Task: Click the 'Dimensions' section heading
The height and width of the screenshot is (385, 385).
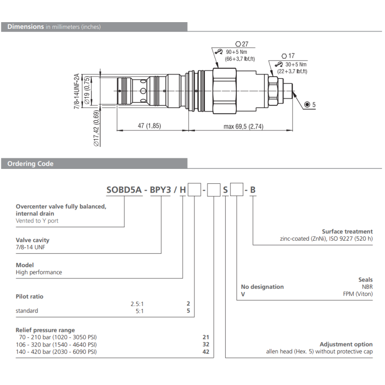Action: point(26,26)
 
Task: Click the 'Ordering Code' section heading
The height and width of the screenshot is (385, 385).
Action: point(30,164)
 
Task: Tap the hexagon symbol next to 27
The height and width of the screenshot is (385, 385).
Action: point(238,44)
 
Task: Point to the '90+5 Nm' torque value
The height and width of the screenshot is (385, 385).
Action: point(236,52)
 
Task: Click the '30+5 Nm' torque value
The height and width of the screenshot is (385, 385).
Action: point(296,64)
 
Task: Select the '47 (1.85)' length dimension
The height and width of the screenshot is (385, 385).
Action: point(149,126)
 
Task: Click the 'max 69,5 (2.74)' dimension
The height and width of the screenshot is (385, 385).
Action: point(244,127)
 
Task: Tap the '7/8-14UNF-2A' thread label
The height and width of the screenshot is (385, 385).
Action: point(77,91)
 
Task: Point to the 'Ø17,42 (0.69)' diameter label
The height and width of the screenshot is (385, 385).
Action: point(97,128)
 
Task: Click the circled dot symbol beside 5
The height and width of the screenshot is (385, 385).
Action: point(307,104)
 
